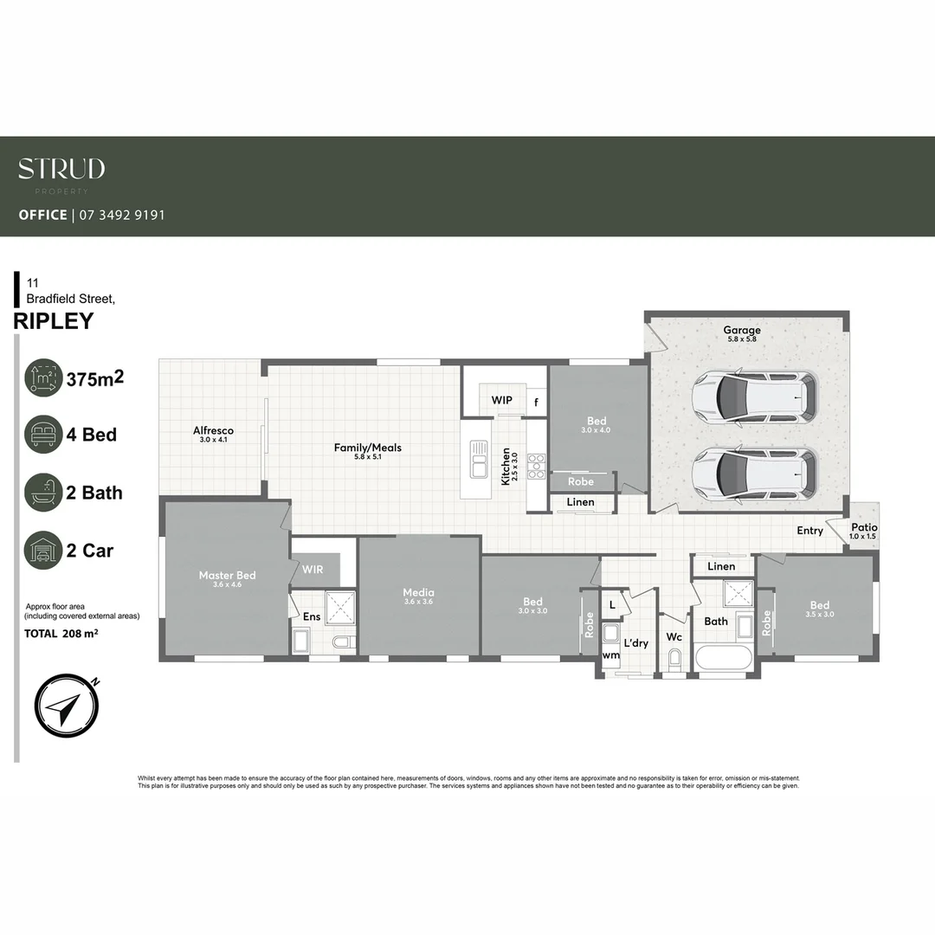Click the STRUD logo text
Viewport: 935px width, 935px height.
[61, 168]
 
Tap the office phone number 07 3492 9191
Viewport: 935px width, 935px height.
[122, 215]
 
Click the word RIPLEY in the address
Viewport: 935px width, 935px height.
[54, 320]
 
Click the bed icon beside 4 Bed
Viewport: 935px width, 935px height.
[43, 435]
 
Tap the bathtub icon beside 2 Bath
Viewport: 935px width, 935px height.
[43, 493]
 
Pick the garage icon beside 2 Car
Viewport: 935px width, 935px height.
[43, 551]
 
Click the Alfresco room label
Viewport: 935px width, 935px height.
[213, 430]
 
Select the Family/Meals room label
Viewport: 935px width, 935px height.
[368, 448]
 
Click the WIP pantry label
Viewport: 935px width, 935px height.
[502, 401]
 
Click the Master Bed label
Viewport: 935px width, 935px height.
[227, 575]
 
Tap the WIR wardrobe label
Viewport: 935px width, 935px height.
[313, 570]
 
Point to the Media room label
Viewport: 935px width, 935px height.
[418, 593]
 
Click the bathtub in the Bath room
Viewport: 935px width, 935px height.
[724, 658]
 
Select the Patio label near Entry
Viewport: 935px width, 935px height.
[863, 527]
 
